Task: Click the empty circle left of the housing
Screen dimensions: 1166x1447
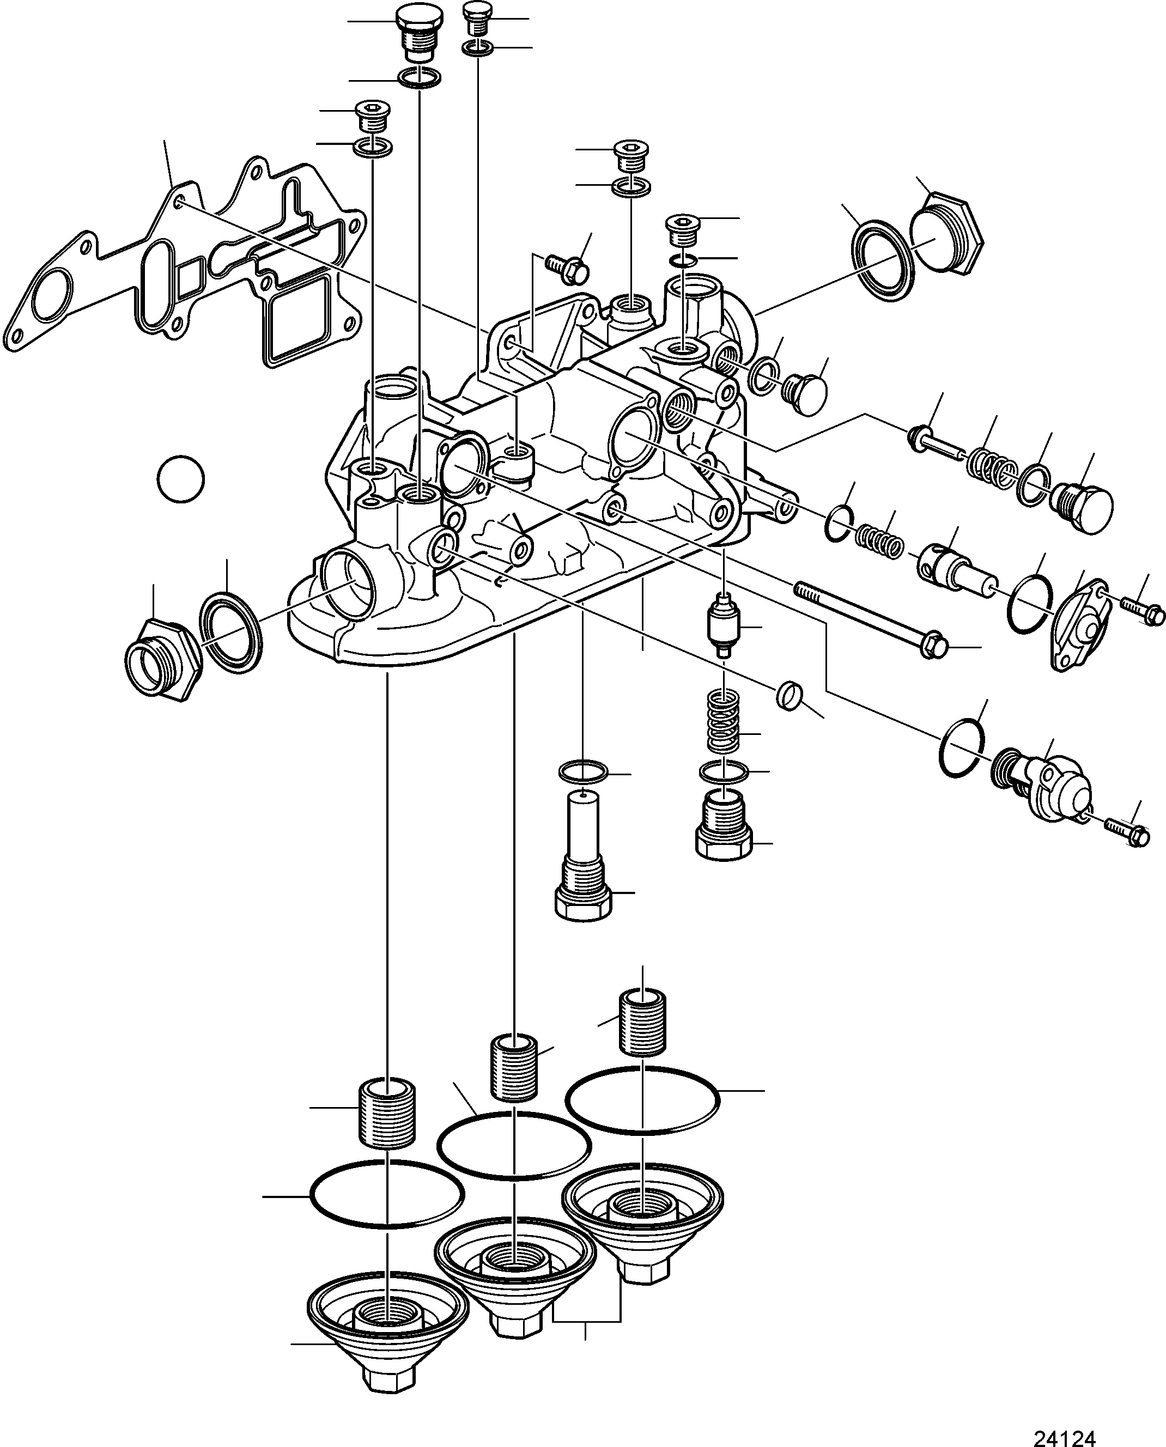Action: (181, 479)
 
